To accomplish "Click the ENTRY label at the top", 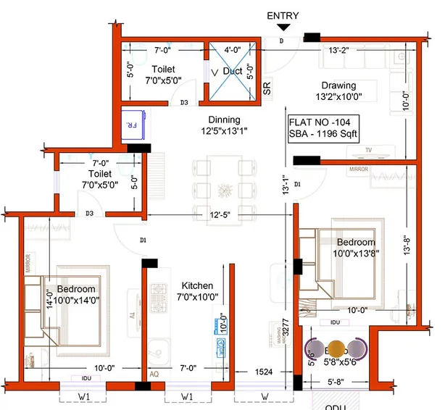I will click(283, 15).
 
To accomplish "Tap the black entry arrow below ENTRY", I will click(283, 28).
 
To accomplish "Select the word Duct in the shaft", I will click(233, 72).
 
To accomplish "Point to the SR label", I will click(267, 88).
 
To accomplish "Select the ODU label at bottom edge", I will click(334, 406).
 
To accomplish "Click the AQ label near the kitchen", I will click(154, 375).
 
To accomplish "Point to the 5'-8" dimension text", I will click(339, 381).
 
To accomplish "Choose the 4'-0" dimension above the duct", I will click(232, 50).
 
